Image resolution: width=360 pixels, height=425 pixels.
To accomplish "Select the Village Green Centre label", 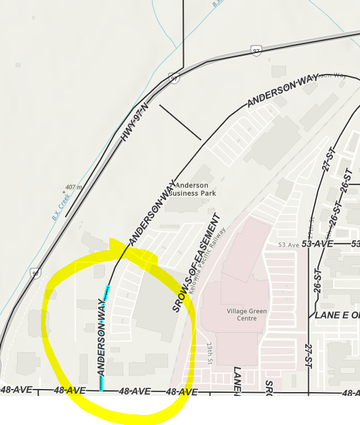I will tap(247, 314).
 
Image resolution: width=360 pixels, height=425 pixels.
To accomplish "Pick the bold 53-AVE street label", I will tap(317, 244).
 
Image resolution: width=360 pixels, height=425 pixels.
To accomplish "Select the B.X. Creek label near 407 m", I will tap(61, 207).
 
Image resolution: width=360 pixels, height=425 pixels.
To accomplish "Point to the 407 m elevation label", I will tap(75, 188).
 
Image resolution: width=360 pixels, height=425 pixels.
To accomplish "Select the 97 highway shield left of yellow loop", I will tap(35, 273).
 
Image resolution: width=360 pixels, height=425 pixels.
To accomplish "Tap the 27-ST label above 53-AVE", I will tap(328, 162).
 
